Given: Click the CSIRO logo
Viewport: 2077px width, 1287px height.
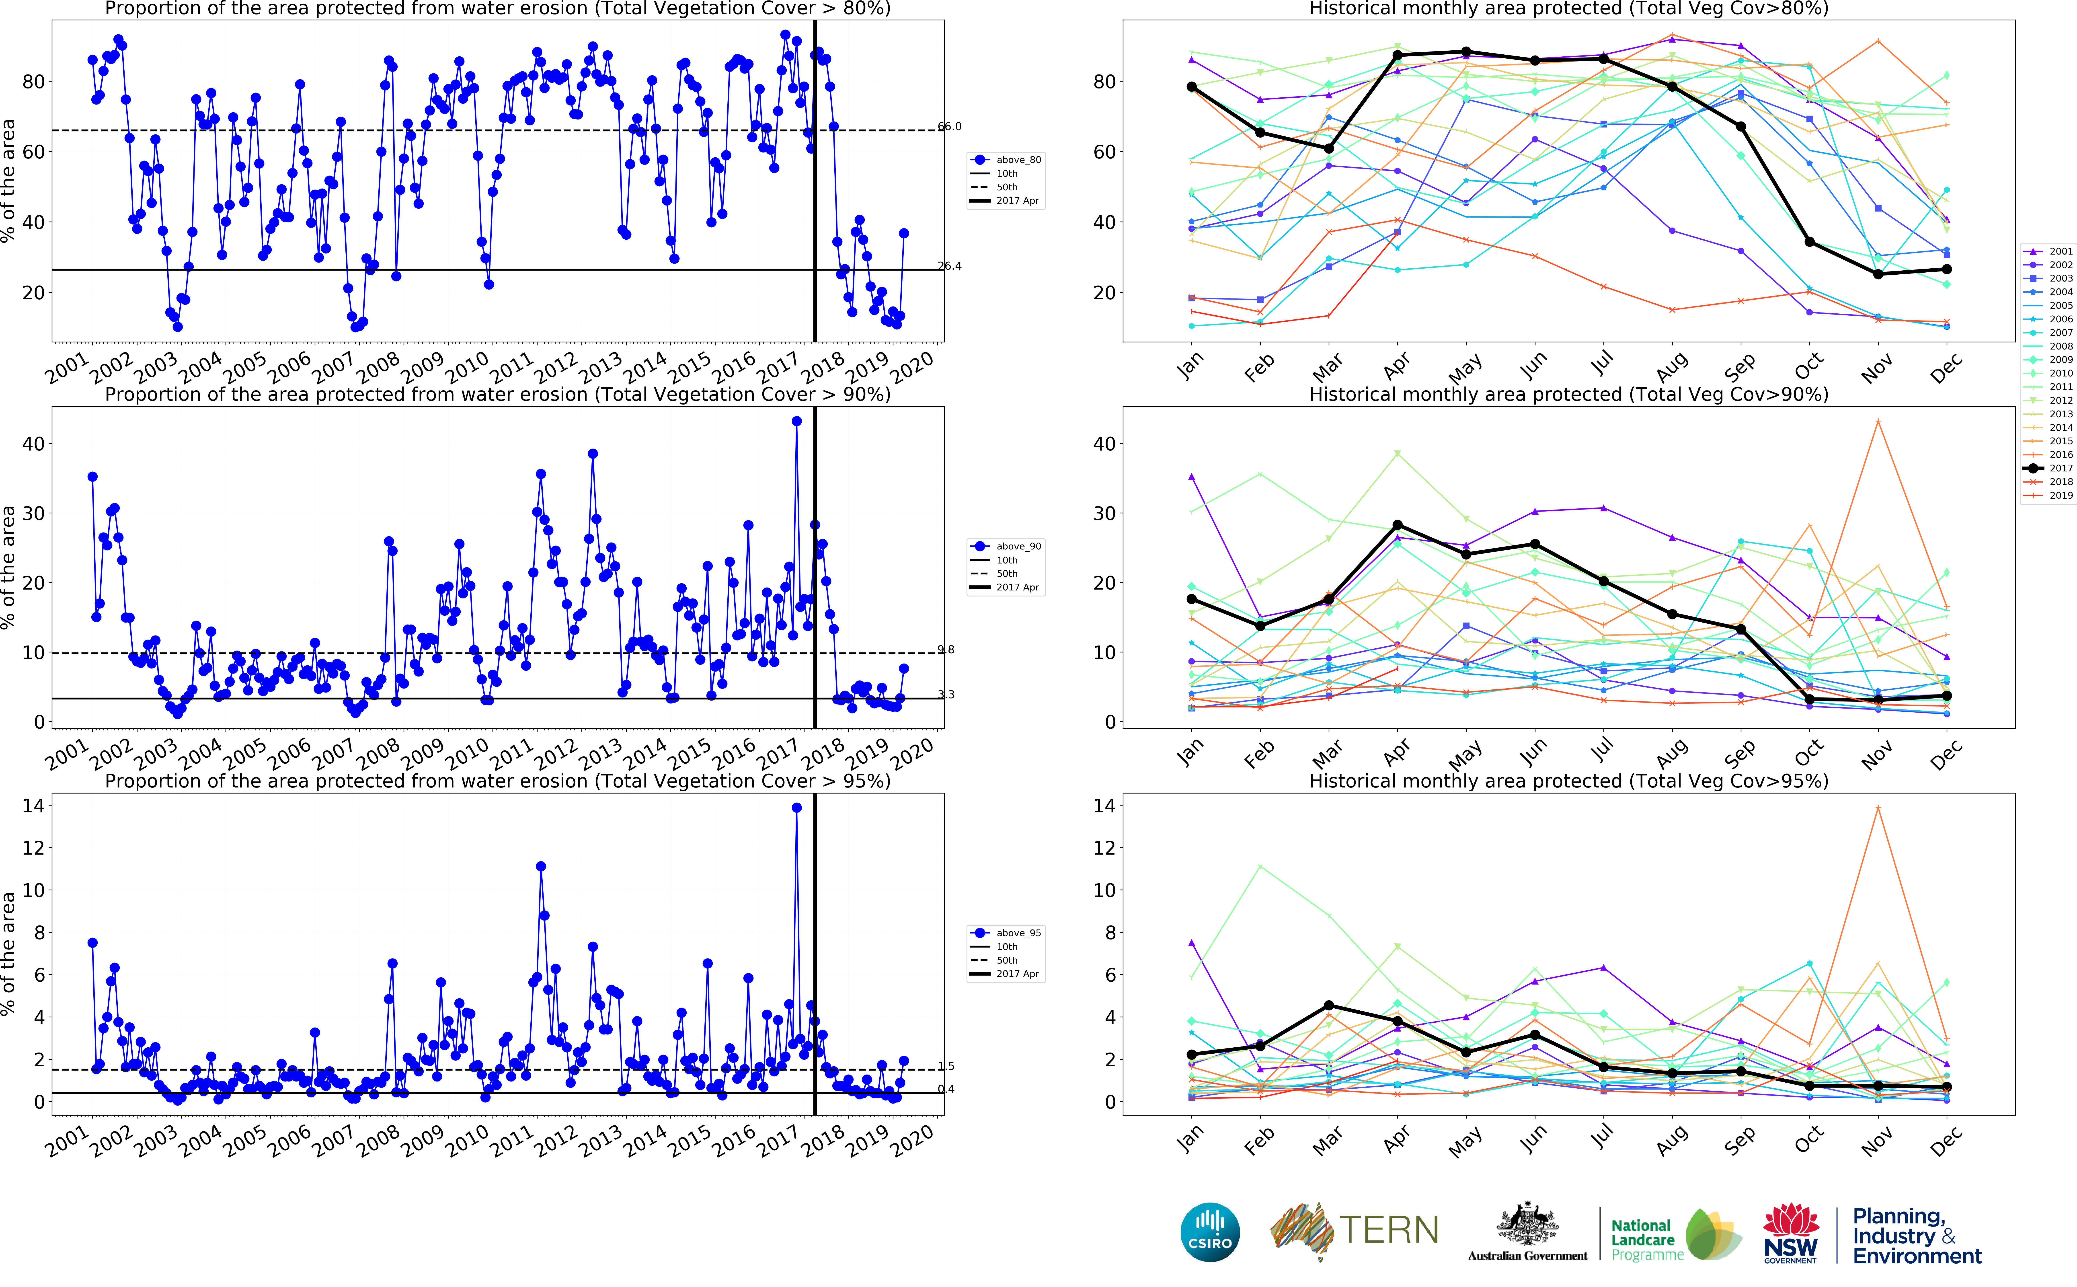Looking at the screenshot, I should click(x=1209, y=1233).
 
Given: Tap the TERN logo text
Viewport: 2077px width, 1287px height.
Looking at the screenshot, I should click(x=1389, y=1231).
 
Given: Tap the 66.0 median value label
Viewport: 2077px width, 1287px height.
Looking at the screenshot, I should click(x=950, y=127).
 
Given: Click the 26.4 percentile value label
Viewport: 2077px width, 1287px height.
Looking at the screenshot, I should click(x=950, y=266).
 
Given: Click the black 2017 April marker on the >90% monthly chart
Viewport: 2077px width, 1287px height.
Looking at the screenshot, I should click(x=1397, y=525).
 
